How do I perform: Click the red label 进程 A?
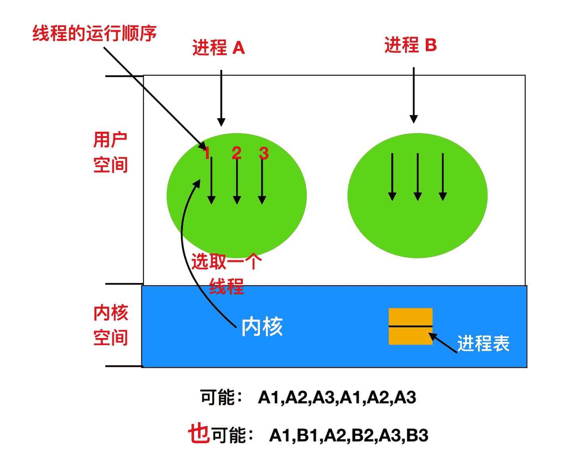click(219, 48)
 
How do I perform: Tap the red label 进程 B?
click(410, 45)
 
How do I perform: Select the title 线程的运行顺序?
click(95, 33)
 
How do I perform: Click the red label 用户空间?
click(110, 152)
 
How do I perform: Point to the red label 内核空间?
click(110, 325)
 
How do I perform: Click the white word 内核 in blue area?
click(262, 327)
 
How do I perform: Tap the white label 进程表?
click(483, 343)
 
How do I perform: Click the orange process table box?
click(410, 326)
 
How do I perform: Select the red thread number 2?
click(237, 153)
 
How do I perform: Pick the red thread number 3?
click(264, 153)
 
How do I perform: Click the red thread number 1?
click(207, 153)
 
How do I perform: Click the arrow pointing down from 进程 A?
click(221, 98)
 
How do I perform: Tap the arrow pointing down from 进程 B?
click(414, 95)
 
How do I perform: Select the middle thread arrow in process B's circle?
click(418, 177)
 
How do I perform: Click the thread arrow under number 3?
click(262, 181)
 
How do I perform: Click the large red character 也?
click(199, 433)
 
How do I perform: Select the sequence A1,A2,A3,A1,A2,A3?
click(337, 397)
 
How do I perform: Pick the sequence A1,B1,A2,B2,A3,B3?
click(348, 435)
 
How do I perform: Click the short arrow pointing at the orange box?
click(442, 343)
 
